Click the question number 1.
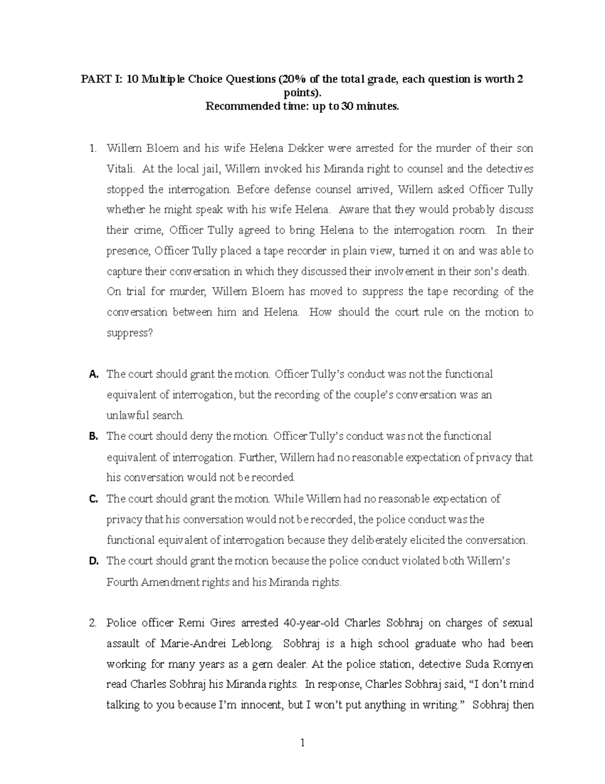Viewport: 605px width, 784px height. (92, 148)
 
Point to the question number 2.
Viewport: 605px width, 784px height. (92, 623)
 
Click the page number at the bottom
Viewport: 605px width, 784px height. (302, 743)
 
